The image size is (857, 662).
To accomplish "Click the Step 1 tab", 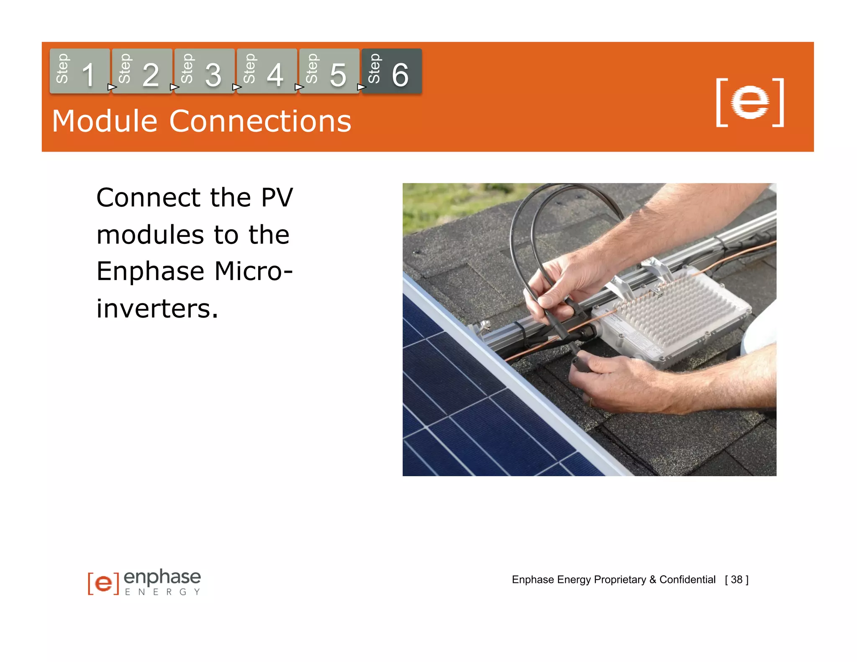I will coord(80,71).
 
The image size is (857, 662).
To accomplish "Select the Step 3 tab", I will coord(204,71).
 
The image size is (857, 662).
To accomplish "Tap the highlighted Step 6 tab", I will coord(391,71).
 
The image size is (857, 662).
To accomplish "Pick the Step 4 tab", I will coord(267,71).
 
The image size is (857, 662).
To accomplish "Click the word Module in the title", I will coord(105,121).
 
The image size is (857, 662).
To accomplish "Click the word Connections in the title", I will coord(260,121).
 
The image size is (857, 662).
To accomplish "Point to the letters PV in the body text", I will coord(277,198).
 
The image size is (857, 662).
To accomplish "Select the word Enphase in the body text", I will coord(151,271).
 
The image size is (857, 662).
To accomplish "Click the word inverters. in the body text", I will coord(157,309).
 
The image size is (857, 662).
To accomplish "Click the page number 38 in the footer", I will coord(736,580).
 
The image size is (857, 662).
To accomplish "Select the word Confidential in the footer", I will coord(687,580).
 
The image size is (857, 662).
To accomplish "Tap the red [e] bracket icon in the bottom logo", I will coord(103,583).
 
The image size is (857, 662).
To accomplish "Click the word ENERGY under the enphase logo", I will coord(162,592).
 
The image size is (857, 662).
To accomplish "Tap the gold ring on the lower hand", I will coord(591,402).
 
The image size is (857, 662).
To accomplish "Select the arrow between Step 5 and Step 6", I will coord(361,87).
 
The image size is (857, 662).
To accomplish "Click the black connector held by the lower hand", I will coord(580,360).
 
